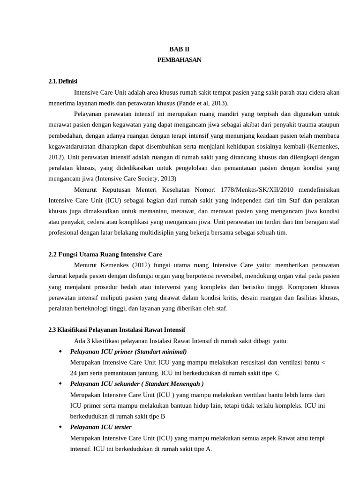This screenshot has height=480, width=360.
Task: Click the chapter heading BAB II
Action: tap(180, 49)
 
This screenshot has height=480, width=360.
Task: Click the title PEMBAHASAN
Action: tap(180, 60)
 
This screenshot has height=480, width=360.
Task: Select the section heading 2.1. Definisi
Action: tap(63, 82)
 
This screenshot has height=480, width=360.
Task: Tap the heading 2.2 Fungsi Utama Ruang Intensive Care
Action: tap(105, 255)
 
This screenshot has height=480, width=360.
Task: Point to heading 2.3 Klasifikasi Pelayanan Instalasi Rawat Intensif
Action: tap(120, 330)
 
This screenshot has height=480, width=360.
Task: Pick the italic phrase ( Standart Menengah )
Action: tap(172, 384)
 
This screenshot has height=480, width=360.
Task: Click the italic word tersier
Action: tap(121, 427)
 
